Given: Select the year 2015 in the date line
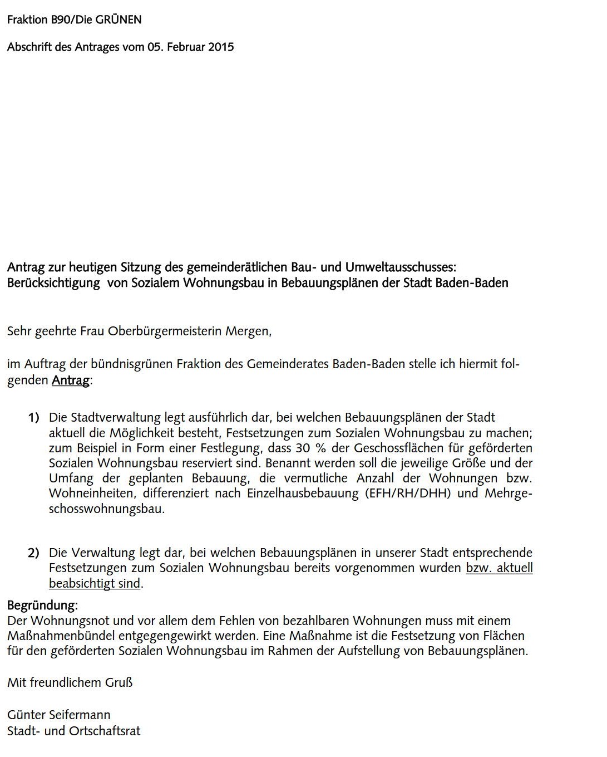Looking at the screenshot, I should pos(221,47).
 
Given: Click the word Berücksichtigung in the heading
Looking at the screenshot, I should pos(53,283).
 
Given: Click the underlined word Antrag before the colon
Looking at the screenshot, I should pos(70,381).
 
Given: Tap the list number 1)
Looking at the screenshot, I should pos(34,418).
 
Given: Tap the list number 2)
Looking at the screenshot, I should pos(34,553).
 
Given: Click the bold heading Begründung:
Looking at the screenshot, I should pos(42,605).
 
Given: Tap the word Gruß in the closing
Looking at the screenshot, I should pos(119,682).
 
